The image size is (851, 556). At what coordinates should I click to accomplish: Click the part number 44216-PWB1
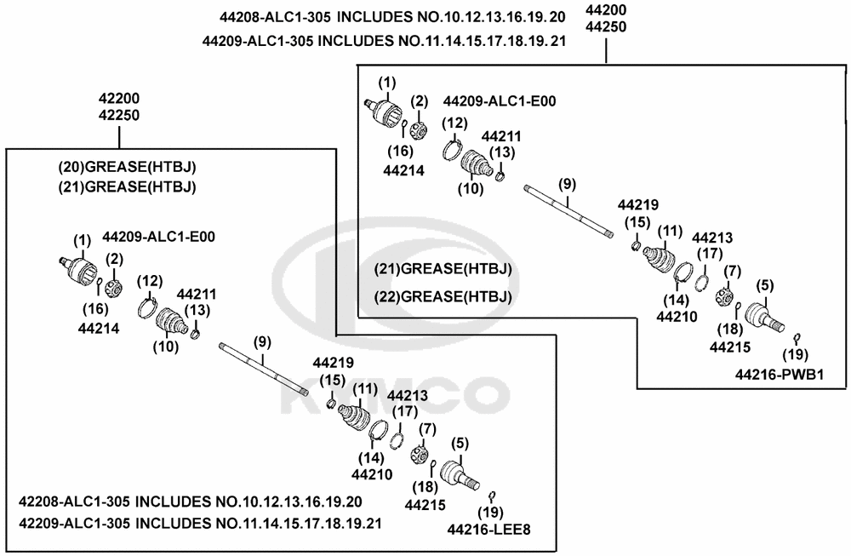[x=780, y=374]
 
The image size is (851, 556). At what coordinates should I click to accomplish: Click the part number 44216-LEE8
[x=489, y=530]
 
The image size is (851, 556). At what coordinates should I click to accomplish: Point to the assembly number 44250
[x=607, y=27]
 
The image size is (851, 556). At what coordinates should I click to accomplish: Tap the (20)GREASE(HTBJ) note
[x=133, y=167]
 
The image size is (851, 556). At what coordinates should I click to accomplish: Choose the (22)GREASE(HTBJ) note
[x=443, y=296]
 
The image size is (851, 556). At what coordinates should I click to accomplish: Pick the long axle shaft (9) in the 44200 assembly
[x=568, y=210]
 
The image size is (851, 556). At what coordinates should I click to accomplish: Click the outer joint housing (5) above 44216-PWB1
[x=763, y=318]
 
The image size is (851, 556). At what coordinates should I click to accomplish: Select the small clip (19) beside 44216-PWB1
[x=797, y=337]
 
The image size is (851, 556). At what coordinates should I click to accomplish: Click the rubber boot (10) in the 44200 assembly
[x=475, y=163]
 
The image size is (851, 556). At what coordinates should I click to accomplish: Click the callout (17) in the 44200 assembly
[x=710, y=254]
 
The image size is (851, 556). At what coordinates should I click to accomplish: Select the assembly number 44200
[x=607, y=10]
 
